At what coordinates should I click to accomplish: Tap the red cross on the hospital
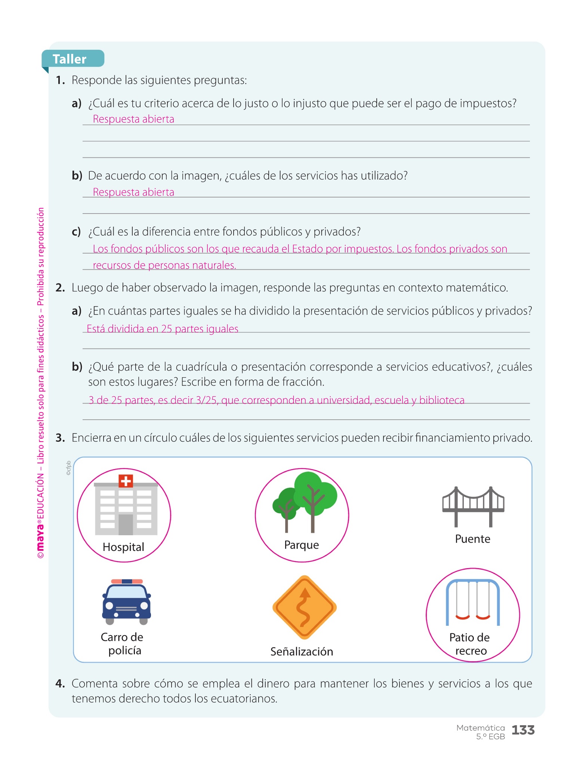point(126,481)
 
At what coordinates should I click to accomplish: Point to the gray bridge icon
point(473,506)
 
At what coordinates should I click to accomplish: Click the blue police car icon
point(126,602)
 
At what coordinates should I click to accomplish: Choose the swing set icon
point(473,602)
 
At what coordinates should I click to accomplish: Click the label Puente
point(472,539)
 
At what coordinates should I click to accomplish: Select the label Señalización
point(302,652)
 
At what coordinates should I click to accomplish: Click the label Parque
point(302,545)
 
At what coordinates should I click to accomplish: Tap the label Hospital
point(123,547)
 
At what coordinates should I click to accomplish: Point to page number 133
point(523,730)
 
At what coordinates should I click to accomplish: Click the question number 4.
point(60,684)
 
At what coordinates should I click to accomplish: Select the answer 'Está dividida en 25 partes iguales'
point(162,329)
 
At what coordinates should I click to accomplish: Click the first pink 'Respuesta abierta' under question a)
point(133,119)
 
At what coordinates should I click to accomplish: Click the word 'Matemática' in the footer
point(481,728)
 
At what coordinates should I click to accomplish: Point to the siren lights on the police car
point(127,582)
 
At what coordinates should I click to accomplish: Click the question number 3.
point(60,438)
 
